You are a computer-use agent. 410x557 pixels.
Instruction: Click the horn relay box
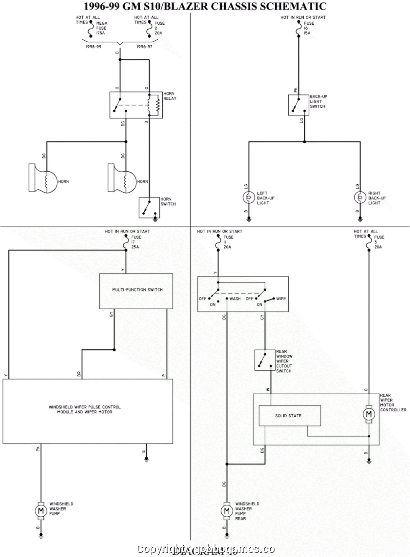(x=136, y=105)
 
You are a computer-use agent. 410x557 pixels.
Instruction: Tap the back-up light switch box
(x=298, y=105)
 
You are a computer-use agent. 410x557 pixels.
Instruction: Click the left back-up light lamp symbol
(x=249, y=197)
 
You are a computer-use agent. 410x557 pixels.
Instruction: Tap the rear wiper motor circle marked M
(x=369, y=414)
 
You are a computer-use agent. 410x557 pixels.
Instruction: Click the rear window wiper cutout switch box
(x=264, y=360)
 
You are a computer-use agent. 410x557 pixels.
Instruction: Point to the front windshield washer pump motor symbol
(x=41, y=511)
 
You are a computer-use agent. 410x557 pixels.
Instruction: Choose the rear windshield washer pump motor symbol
(x=227, y=511)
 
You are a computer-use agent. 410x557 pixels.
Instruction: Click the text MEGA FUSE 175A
(x=101, y=28)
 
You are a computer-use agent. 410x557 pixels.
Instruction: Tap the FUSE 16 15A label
(x=309, y=28)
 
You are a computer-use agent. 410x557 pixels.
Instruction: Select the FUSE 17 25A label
(x=136, y=242)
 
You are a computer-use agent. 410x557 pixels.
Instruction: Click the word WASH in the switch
(x=235, y=299)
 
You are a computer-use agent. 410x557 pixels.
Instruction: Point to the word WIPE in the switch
(x=281, y=299)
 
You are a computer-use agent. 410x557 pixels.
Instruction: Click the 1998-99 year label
(x=93, y=47)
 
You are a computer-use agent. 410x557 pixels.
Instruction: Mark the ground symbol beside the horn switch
(x=156, y=216)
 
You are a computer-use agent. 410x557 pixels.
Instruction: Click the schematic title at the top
(x=205, y=6)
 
